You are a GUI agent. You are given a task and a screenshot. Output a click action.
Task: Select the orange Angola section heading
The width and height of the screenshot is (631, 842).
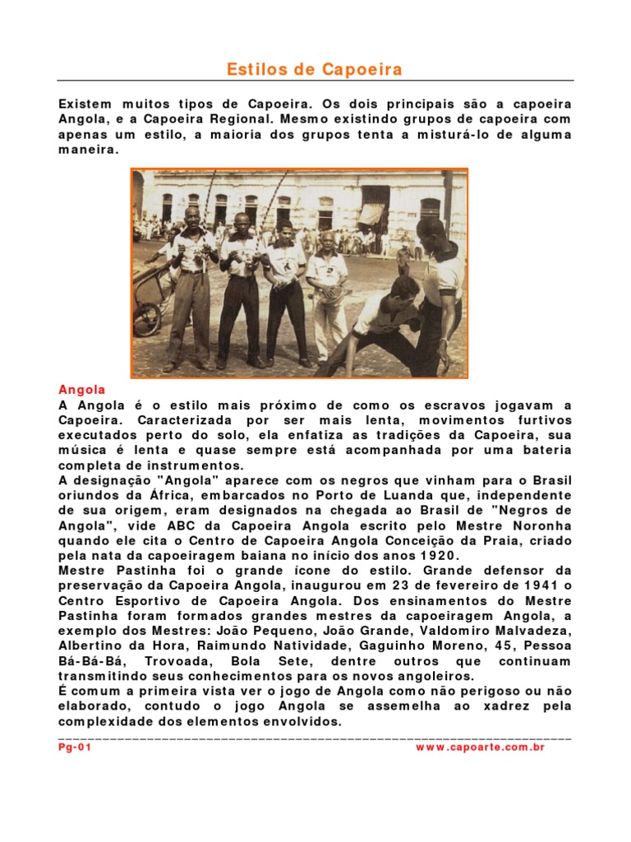click(82, 390)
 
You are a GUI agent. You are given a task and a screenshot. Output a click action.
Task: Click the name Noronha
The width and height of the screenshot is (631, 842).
click(535, 525)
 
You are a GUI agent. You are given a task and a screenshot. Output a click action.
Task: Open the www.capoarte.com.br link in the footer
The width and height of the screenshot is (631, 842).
click(480, 747)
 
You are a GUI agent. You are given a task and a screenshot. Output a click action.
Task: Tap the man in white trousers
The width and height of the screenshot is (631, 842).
click(329, 296)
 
